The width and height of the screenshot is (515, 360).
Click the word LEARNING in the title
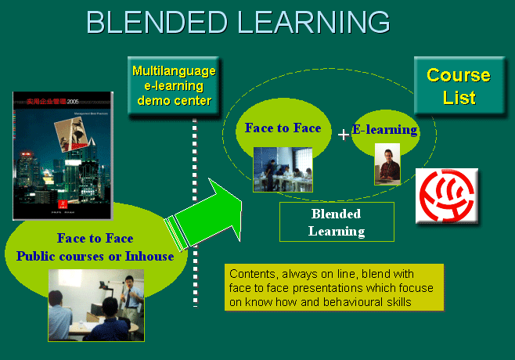313,22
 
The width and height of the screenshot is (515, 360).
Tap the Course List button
458,87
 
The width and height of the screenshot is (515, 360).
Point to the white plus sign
343,135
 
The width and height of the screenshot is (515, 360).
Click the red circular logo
445,196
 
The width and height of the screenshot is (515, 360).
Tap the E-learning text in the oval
384,130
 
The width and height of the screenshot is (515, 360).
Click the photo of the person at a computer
387,164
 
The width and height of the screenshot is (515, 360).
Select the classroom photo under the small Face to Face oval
283,169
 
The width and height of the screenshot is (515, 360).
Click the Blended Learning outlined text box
337,221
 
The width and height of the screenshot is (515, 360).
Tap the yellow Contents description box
334,287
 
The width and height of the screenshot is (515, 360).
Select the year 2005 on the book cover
74,101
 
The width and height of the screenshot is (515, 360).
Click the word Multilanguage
173,71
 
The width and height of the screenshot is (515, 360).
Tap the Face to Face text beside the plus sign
283,128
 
